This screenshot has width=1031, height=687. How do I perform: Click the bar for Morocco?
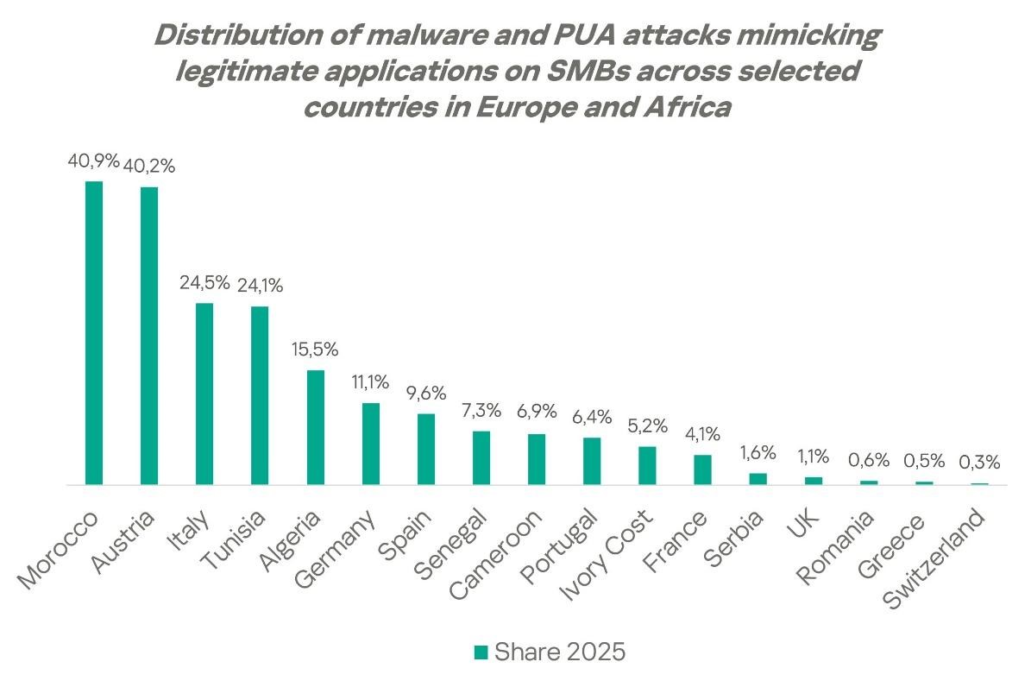pos(94,333)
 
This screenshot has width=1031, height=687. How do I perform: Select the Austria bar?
pos(149,336)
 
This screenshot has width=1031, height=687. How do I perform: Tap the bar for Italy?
pos(204,394)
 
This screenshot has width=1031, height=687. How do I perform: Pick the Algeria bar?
pos(316,427)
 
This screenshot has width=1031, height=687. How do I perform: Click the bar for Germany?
pos(371,444)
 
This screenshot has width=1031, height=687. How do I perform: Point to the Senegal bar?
pos(481,458)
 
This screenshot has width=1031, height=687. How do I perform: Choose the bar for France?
pos(703,470)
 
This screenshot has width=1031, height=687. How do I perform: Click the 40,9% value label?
pos(93,161)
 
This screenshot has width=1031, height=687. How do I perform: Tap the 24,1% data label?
pos(260,286)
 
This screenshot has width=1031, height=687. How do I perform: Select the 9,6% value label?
pos(426,393)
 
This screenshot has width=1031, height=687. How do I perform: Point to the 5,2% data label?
pos(648,425)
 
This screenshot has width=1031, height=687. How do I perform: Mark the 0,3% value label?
pos(980,462)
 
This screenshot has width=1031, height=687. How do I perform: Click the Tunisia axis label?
pos(234,540)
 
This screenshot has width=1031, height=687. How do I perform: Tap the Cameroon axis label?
pos(496,555)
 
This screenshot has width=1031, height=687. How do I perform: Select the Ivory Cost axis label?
pos(607,555)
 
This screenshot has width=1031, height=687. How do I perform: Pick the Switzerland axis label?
pos(934,559)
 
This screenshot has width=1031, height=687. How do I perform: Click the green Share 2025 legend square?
pos(481,652)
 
